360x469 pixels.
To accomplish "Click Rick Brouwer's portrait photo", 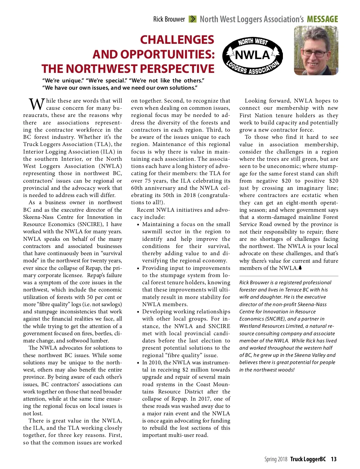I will pyautogui.click(x=316, y=51).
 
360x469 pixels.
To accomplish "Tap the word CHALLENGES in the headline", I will pyautogui.click(x=177, y=40).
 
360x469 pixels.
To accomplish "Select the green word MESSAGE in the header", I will pyautogui.click(x=322, y=19).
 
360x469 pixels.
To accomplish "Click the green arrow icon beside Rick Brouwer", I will pyautogui.click(x=192, y=19).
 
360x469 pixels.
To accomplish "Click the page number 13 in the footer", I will pyautogui.click(x=334, y=459).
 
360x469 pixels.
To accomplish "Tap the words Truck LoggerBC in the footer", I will pyautogui.click(x=308, y=459).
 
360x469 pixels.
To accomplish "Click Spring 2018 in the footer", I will pyautogui.click(x=276, y=459).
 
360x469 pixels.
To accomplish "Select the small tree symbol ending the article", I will pyautogui.click(x=300, y=268).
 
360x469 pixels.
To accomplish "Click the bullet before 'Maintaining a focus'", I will pyautogui.click(x=138, y=225).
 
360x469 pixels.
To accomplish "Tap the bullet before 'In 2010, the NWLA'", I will pyautogui.click(x=138, y=363).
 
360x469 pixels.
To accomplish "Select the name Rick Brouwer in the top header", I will pyautogui.click(x=169, y=19).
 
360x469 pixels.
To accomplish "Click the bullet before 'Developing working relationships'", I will pyautogui.click(x=138, y=312).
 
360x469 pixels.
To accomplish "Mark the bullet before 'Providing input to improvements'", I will pyautogui.click(x=138, y=268).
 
